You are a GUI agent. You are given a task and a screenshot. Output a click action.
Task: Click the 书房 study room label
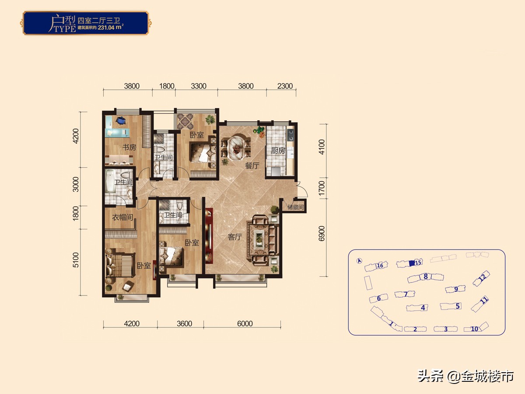[129, 148]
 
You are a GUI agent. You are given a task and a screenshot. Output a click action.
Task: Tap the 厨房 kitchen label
[278, 151]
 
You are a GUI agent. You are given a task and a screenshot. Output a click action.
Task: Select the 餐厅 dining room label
[252, 165]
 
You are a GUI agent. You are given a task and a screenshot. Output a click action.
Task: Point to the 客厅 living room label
[235, 237]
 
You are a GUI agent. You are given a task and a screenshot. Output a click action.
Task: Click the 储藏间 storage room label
[296, 208]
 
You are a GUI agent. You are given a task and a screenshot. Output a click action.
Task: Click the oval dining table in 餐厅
[236, 147]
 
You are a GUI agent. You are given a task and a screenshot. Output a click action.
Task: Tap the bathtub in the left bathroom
[110, 181]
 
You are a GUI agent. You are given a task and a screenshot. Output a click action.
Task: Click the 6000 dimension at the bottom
[245, 324]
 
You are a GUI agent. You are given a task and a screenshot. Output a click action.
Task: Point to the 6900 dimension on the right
[322, 234]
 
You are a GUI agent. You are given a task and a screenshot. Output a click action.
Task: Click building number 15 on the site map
[418, 263]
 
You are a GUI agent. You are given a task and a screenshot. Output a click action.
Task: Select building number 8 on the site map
[425, 276]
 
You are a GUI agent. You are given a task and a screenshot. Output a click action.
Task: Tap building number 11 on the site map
[484, 301]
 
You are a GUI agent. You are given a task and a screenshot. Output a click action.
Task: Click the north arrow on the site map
[359, 261]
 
